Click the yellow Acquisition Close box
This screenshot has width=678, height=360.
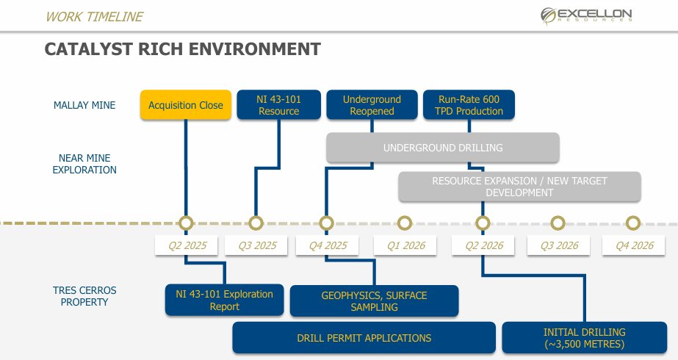coord(186,105)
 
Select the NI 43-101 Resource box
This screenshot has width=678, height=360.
coord(278,105)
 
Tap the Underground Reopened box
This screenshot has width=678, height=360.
coord(372,105)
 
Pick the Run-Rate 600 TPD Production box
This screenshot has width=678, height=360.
coord(469,105)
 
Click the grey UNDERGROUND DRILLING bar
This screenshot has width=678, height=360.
coord(443,148)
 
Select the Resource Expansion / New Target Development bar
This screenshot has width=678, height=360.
coord(519,187)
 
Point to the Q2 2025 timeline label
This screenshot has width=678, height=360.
coord(186,245)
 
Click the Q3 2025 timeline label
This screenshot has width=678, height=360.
coord(256,245)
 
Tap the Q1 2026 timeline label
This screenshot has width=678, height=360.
coord(405,245)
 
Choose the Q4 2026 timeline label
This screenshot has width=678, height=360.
coord(633,245)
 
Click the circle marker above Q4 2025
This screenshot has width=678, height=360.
coord(326,223)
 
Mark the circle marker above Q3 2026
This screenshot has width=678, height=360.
coord(558,223)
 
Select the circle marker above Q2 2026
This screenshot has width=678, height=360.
coord(482,223)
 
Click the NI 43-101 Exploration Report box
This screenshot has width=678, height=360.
coord(224,300)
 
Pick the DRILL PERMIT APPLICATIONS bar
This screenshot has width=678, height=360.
coord(364,338)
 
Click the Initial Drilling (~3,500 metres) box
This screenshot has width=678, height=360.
coord(584,338)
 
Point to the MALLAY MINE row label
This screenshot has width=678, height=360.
coord(84,105)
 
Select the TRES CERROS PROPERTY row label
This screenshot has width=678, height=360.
coord(84,295)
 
